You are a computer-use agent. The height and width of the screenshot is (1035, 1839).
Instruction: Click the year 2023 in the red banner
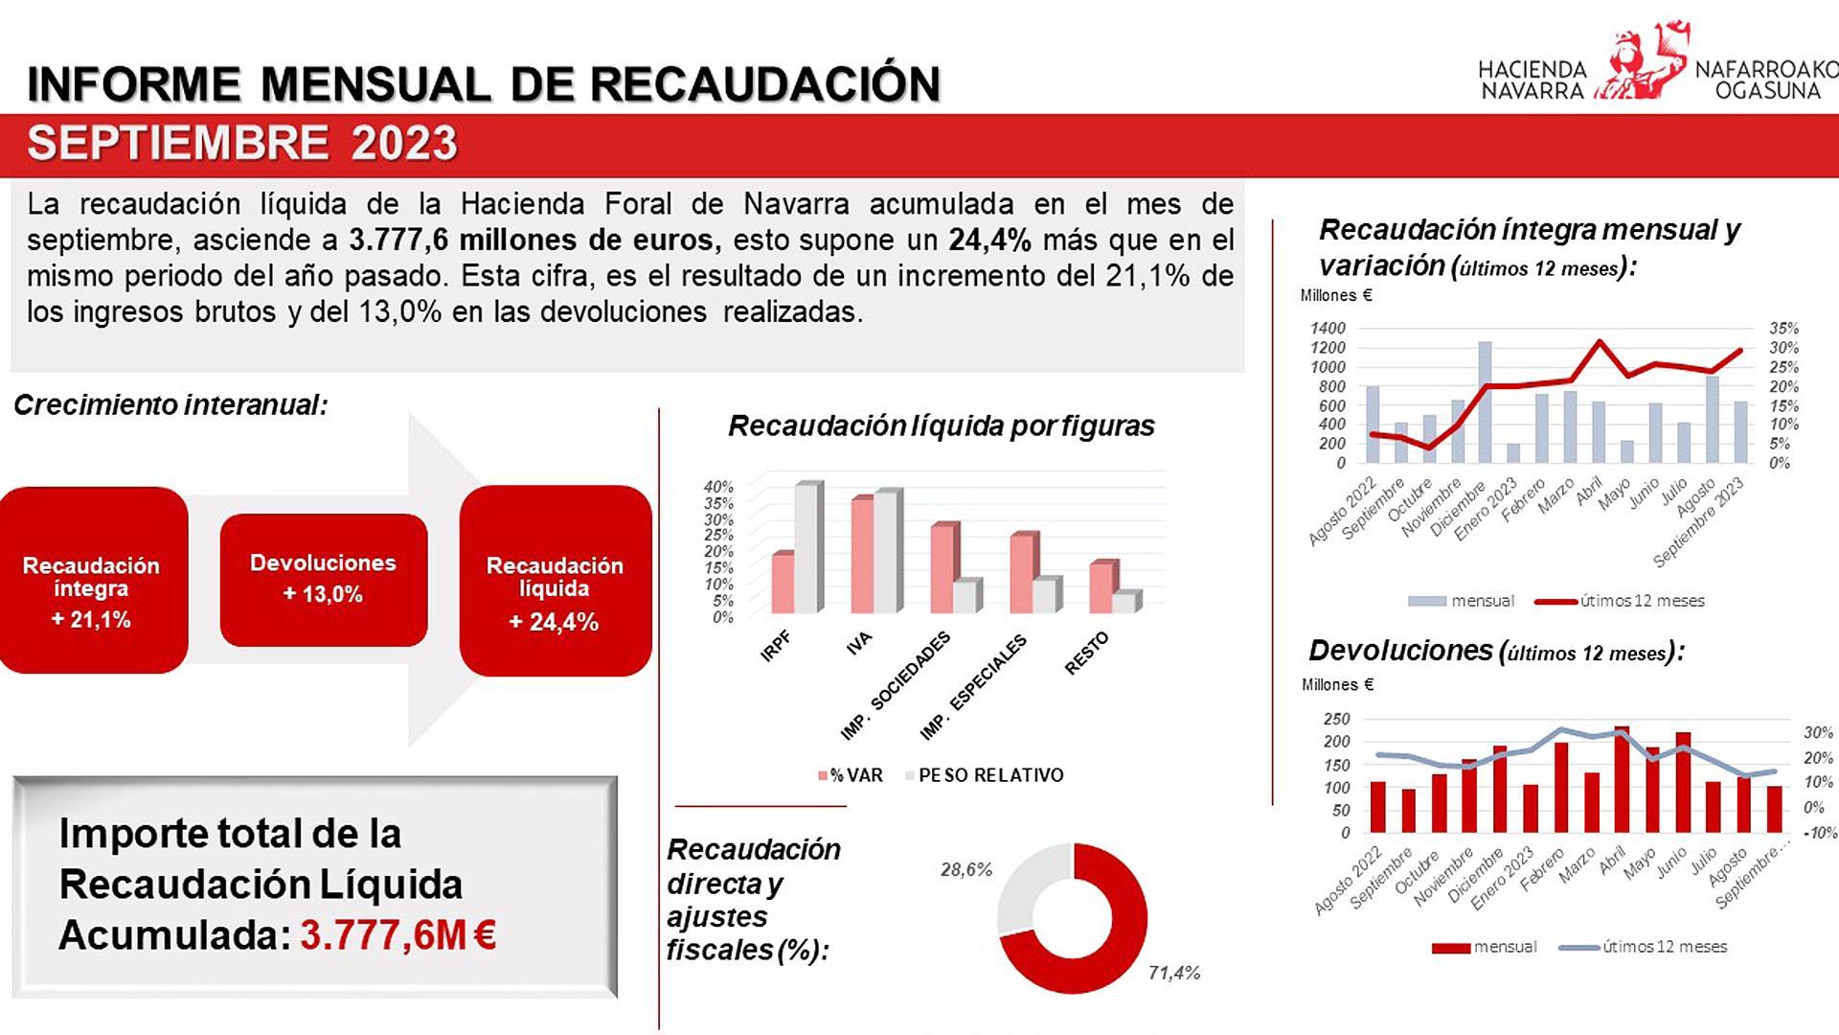click(x=404, y=144)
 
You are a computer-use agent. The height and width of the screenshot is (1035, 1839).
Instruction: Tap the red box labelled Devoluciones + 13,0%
click(x=324, y=579)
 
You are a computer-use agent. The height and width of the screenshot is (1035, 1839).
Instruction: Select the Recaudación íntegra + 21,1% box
click(x=92, y=581)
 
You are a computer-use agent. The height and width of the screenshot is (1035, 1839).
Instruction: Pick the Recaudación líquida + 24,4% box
click(x=556, y=581)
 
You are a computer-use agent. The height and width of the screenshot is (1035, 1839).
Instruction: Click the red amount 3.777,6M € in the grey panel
click(x=397, y=935)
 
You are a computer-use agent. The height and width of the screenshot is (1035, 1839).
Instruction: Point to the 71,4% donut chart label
click(x=1173, y=973)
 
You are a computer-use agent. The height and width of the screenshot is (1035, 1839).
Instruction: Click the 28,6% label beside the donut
click(x=965, y=870)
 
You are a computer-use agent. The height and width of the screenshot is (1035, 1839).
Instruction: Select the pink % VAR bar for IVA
click(x=863, y=556)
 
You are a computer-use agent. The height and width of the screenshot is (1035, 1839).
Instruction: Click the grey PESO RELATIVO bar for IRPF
click(x=807, y=548)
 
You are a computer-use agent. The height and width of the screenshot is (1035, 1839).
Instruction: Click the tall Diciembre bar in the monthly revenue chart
click(x=1485, y=402)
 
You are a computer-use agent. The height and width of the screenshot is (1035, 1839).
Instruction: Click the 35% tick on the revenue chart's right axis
click(x=1783, y=328)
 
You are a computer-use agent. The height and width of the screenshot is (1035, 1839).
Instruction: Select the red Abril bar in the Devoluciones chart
click(x=1622, y=780)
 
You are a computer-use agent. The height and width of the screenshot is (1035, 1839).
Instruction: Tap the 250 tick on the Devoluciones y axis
click(x=1335, y=719)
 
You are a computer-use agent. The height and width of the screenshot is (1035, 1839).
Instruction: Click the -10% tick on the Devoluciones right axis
click(x=1819, y=833)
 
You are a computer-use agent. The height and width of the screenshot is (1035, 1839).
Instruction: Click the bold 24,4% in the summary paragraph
click(x=989, y=241)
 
